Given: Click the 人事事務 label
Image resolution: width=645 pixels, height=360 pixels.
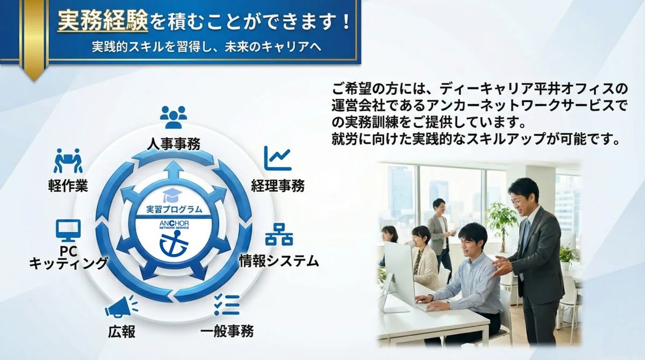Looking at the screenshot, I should tap(173, 143).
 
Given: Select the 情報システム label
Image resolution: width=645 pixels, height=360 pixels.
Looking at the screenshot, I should tap(279, 262).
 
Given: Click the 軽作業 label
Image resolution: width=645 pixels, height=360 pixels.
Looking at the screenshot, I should tap(68, 186).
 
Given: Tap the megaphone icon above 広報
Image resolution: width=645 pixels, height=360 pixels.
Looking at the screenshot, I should tap(121, 307).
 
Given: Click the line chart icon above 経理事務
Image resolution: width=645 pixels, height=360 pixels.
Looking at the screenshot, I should tap(277, 159).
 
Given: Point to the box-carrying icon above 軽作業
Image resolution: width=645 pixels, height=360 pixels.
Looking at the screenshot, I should tap(68, 160).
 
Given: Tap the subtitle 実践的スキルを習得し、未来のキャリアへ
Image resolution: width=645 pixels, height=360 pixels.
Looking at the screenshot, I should tap(206, 47).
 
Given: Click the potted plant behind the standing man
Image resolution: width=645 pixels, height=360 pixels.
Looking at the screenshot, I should tap(500, 220).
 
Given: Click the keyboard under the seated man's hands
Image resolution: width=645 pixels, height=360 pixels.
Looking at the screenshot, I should tap(429, 307).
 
